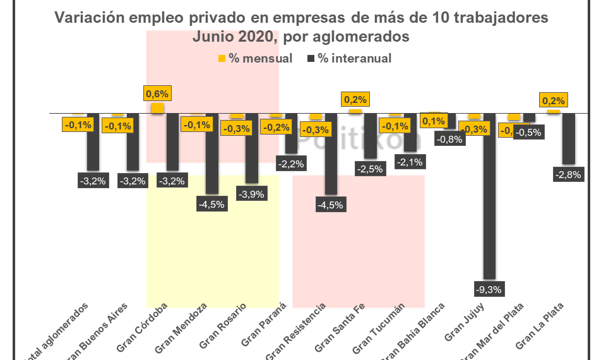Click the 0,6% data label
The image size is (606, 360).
[x=157, y=94]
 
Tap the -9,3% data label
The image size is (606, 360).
[x=489, y=290]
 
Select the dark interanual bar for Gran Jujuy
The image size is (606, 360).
[x=489, y=196]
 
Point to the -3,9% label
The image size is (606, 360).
[x=252, y=194]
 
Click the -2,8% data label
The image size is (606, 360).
[x=567, y=175]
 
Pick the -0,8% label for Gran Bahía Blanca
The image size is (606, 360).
[x=449, y=140]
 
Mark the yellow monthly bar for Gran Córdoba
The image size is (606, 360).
[x=157, y=108]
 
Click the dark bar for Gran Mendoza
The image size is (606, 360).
[x=211, y=153]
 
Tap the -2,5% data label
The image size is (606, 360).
[x=370, y=169]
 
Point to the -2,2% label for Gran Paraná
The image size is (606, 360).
[x=291, y=164]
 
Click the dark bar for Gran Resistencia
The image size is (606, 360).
[x=330, y=153]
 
